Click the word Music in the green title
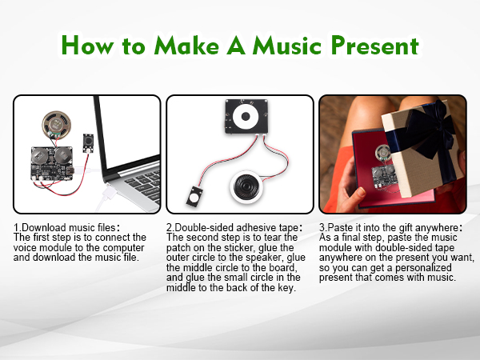(287, 46)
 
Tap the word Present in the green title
(375, 46)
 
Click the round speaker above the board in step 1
(57, 125)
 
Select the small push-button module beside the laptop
(88, 143)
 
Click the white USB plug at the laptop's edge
(109, 192)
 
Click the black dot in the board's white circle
(246, 116)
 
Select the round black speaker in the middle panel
(246, 186)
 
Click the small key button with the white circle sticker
(194, 196)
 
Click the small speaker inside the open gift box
(382, 152)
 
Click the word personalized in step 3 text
(423, 268)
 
